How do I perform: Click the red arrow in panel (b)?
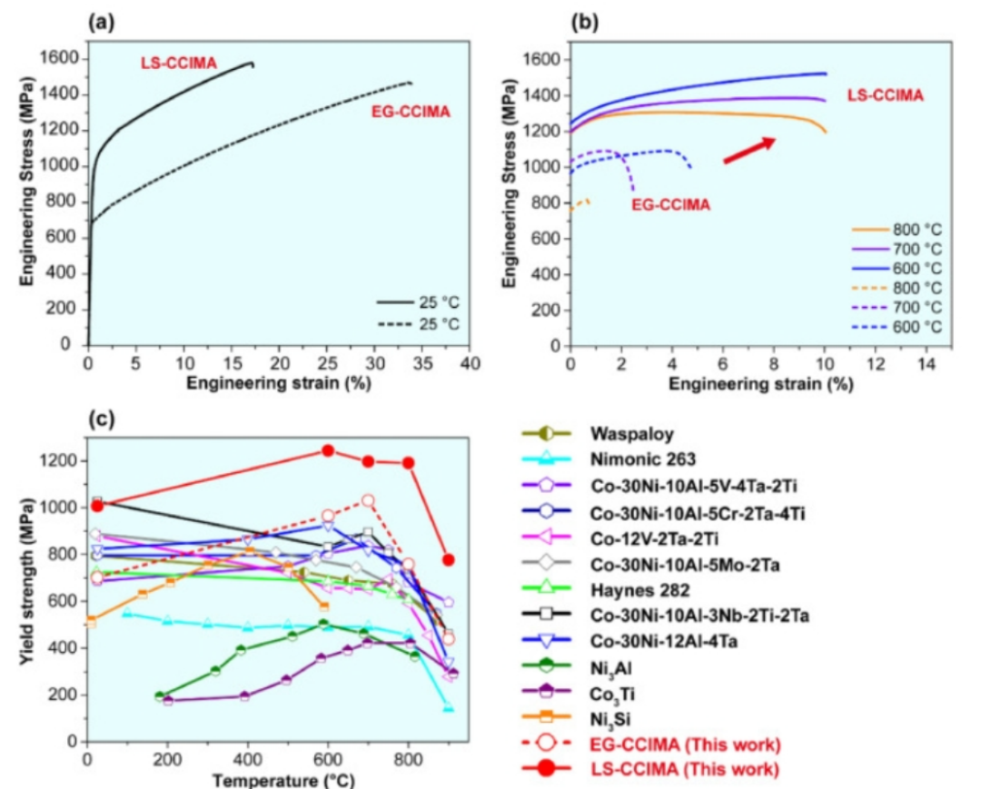click(748, 151)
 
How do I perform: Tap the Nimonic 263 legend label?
click(639, 459)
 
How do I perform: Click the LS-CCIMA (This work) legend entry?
click(683, 770)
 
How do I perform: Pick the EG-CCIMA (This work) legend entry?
click(684, 745)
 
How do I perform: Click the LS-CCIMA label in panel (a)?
click(178, 64)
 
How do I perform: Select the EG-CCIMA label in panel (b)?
click(671, 205)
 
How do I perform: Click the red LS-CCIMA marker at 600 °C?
click(328, 450)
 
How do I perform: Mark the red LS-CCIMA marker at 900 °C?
click(449, 559)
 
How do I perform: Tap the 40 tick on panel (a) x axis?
click(470, 363)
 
